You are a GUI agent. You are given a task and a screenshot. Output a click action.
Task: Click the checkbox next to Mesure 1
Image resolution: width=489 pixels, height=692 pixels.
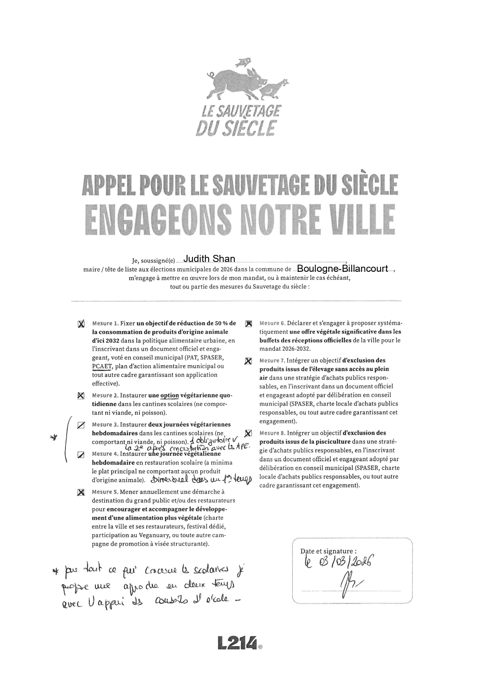tap(81, 324)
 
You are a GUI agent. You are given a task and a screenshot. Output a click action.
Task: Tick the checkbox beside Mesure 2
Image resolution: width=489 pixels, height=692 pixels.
tap(81, 395)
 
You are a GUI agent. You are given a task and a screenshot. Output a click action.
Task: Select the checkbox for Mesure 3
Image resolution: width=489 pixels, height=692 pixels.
tap(81, 425)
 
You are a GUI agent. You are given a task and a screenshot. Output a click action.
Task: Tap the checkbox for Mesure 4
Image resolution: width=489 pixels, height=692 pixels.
tap(81, 454)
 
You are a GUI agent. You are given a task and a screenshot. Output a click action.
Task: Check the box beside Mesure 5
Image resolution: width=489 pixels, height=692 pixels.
tap(81, 492)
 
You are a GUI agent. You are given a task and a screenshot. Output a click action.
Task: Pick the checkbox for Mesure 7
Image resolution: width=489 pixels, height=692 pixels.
tap(248, 361)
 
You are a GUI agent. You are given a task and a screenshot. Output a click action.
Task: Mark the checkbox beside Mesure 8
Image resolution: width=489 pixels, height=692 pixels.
tap(248, 433)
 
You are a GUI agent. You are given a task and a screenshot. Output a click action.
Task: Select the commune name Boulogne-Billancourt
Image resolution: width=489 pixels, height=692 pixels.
tap(342, 269)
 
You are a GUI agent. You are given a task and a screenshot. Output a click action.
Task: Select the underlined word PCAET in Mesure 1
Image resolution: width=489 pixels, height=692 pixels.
tap(102, 366)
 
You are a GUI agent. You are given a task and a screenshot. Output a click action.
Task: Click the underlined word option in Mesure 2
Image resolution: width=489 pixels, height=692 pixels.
tap(170, 395)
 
